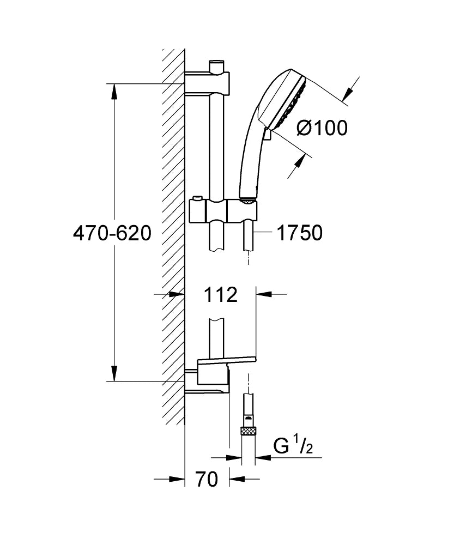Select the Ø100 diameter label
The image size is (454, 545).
[x=322, y=128]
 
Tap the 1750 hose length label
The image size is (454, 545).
[x=299, y=233]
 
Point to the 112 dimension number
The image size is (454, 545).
[x=221, y=295]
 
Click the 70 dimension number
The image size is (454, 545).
[x=207, y=480]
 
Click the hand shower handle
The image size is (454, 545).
[x=248, y=158]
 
